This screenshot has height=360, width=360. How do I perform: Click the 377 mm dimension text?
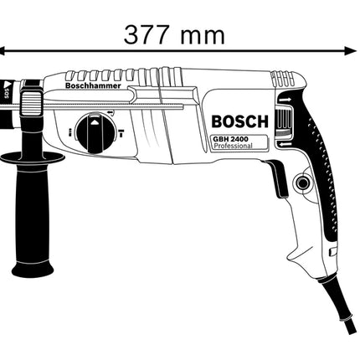click(174, 35)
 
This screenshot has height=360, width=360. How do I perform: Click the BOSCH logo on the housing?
click(239, 121)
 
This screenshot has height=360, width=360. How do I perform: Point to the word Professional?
click(233, 146)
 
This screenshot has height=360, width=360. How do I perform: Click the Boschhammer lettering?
click(93, 85)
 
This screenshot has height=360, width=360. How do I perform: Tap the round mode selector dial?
click(95, 133)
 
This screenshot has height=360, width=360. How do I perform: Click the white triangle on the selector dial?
click(95, 121)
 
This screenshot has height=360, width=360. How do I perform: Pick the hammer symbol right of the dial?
click(121, 133)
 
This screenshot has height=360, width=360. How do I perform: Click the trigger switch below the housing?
click(277, 179)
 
